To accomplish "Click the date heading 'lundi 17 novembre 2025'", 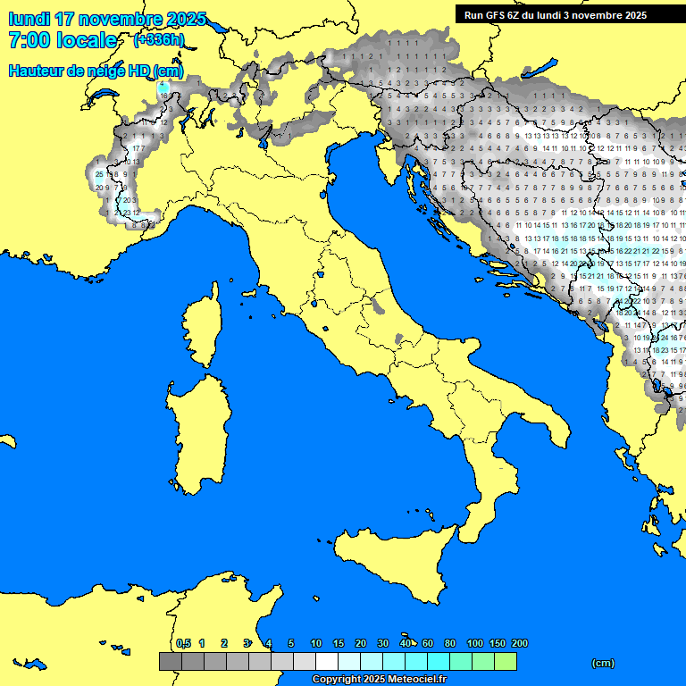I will [x=107, y=19].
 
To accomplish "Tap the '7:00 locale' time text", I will [x=63, y=40].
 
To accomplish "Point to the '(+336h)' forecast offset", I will [x=159, y=40].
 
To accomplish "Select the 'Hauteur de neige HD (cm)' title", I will [x=96, y=71].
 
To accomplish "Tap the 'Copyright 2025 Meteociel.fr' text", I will [x=379, y=679].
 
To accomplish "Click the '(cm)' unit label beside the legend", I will [x=603, y=663].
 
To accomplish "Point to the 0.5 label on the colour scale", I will [x=183, y=643].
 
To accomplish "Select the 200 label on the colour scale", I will [x=519, y=643].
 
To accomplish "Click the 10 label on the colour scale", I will [x=316, y=643].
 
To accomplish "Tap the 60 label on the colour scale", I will [x=428, y=643].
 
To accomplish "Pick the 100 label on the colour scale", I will [x=474, y=643].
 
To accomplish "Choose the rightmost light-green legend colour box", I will [x=506, y=662].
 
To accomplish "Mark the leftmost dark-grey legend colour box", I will [x=170, y=662].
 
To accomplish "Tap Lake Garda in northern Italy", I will [x=264, y=138].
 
